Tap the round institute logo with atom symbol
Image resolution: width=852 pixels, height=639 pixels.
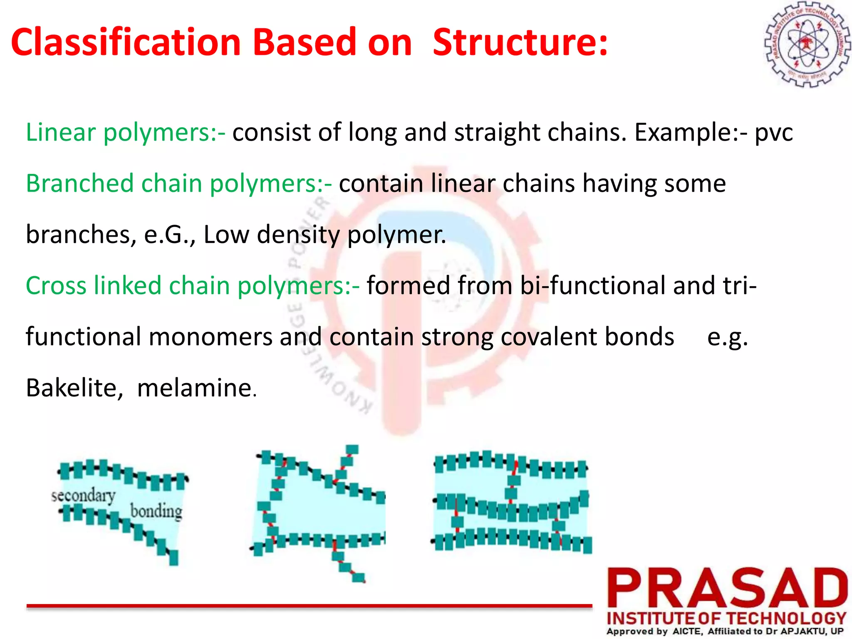point(807,45)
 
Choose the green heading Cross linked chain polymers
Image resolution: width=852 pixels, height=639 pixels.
point(192,286)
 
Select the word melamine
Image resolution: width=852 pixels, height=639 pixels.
point(194,388)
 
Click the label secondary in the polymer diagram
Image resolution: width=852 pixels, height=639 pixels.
point(83,496)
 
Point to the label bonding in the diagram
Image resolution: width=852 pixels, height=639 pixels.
point(156,512)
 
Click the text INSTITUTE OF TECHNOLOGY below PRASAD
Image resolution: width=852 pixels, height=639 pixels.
point(726,619)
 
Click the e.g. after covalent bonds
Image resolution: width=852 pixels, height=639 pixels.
point(727,337)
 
